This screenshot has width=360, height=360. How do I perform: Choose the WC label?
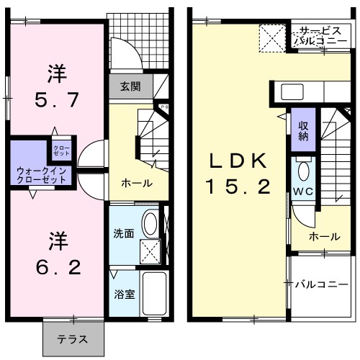tap(303, 192)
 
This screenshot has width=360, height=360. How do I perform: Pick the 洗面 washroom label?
tap(123, 233)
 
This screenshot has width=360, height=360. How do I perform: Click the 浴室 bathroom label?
tap(123, 293)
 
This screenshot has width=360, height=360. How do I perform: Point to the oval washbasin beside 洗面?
tap(151, 223)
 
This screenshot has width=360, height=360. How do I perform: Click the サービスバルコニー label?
tap(321, 36)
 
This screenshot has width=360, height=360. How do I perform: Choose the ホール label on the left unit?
tap(137, 183)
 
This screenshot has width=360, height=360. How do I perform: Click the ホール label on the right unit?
tap(324, 236)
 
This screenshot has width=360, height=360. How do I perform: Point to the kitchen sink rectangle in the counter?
tap(292, 92)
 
